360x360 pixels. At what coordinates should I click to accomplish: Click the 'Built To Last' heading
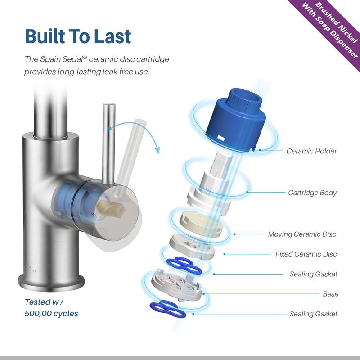[x=78, y=36]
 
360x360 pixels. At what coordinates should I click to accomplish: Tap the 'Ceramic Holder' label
[x=311, y=151]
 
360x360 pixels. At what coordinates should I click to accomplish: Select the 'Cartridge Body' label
[x=312, y=193]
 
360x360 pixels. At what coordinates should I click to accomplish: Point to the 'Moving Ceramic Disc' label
[x=302, y=234]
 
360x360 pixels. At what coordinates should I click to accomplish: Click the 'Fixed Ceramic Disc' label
[x=306, y=254]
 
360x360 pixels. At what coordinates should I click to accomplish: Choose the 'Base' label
[x=331, y=294]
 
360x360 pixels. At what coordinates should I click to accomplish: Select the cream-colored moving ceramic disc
[x=201, y=223]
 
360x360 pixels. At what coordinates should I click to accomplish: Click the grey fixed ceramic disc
[x=192, y=247]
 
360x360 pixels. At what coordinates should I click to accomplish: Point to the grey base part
[x=176, y=285]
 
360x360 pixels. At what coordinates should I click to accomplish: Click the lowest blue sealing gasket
[x=167, y=309]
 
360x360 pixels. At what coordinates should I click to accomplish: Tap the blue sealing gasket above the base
[x=184, y=265]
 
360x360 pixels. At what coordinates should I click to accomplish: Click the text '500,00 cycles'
[x=51, y=314]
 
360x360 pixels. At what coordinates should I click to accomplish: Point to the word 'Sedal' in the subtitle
[x=72, y=59]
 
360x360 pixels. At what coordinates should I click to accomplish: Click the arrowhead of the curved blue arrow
[x=157, y=150]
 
